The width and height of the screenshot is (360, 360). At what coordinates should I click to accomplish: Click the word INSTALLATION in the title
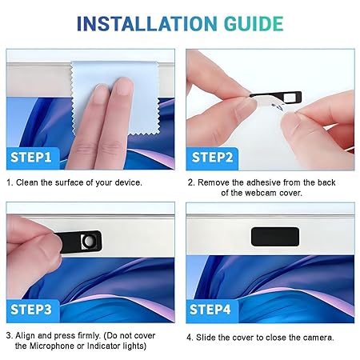tap(146, 23)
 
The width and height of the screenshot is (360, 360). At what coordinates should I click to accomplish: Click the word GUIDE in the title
tap(254, 23)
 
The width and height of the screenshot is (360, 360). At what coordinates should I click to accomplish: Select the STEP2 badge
tap(212, 158)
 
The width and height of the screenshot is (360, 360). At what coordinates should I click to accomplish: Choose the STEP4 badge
tap(211, 310)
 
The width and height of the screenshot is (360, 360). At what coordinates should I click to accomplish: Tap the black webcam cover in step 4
tap(275, 237)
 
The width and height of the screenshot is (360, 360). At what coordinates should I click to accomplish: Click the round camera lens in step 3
tap(88, 242)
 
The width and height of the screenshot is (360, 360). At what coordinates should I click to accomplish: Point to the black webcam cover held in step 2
tap(278, 97)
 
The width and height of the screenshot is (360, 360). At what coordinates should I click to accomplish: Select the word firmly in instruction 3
tap(90, 336)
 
